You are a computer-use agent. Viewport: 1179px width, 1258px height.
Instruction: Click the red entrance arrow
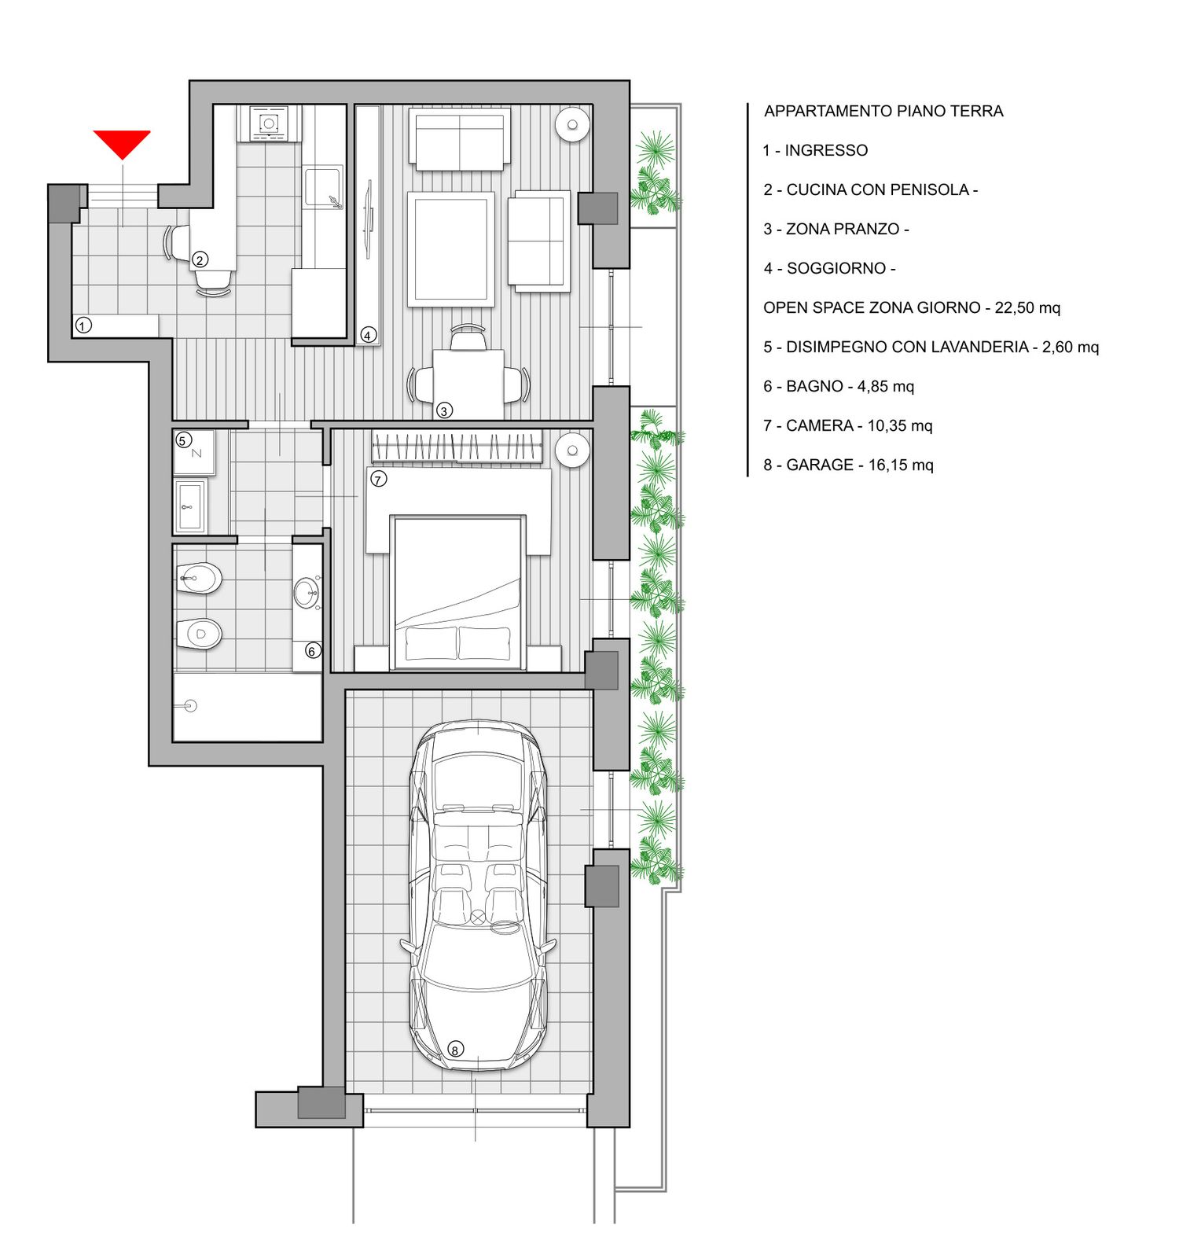(122, 144)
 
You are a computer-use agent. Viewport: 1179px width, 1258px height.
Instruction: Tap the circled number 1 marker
(84, 325)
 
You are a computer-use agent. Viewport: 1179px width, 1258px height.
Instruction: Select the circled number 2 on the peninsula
(200, 259)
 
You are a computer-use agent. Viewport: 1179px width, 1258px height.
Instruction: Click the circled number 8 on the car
(455, 1049)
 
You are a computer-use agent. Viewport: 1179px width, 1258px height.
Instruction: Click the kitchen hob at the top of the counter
(269, 123)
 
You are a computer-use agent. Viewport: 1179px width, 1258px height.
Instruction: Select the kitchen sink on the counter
(324, 187)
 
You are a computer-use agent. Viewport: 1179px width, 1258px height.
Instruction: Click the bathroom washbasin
(306, 594)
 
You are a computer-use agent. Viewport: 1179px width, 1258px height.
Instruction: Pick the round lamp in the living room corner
(573, 124)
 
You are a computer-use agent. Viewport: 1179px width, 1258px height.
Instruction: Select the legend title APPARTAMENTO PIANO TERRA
(883, 111)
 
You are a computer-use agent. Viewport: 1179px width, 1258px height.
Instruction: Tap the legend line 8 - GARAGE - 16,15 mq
(848, 465)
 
